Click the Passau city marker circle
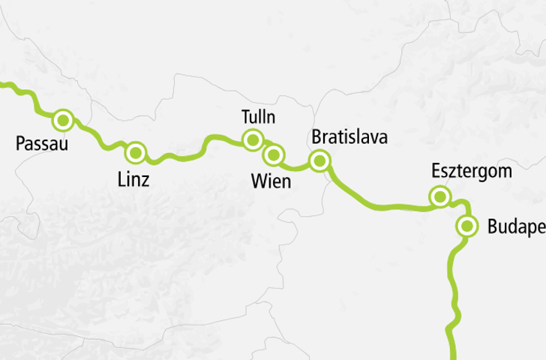63,119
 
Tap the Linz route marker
136,152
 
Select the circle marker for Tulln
253,139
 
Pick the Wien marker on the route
273,154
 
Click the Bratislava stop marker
320,160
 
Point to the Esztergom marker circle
439,197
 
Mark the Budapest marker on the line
467,226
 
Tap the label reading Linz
134,179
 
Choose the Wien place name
271,181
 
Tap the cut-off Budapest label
515,226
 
